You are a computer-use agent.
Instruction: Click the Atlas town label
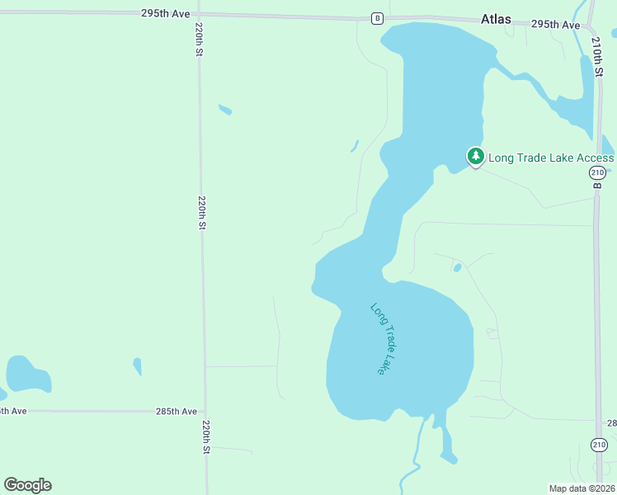pyautogui.click(x=496, y=18)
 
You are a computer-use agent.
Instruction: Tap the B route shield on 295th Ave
pyautogui.click(x=377, y=18)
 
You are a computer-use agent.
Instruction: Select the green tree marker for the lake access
pyautogui.click(x=475, y=156)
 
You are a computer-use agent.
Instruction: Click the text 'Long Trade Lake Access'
pyautogui.click(x=551, y=158)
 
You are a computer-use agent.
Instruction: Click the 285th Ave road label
pyautogui.click(x=177, y=411)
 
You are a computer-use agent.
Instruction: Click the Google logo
pyautogui.click(x=27, y=485)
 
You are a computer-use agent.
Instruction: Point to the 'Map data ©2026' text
pyautogui.click(x=582, y=488)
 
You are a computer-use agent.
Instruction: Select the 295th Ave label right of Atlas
pyautogui.click(x=555, y=25)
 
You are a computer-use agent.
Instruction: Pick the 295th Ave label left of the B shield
pyautogui.click(x=165, y=14)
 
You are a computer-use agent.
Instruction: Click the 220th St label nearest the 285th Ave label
pyautogui.click(x=206, y=437)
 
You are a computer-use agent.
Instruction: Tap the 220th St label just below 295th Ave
pyautogui.click(x=199, y=40)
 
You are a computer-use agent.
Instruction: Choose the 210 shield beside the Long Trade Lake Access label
pyautogui.click(x=598, y=172)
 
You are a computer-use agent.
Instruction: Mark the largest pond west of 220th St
pyautogui.click(x=27, y=375)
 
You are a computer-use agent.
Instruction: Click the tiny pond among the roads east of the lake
pyautogui.click(x=457, y=267)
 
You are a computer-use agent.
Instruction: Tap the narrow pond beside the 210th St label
pyautogui.click(x=586, y=91)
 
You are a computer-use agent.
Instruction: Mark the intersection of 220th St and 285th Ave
pyautogui.click(x=205, y=411)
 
